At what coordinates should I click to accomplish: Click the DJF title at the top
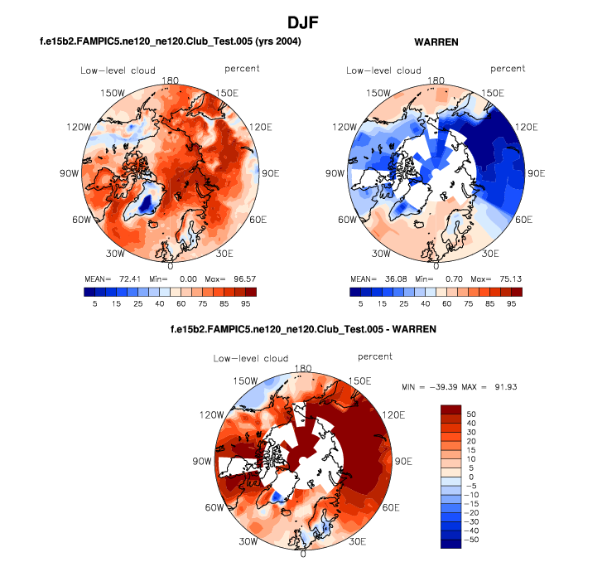302,22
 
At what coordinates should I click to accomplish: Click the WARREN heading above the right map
436,41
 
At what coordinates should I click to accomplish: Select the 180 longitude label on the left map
171,81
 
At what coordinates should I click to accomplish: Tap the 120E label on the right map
526,128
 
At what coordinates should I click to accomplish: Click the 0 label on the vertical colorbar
471,476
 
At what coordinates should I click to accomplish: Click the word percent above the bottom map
376,357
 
